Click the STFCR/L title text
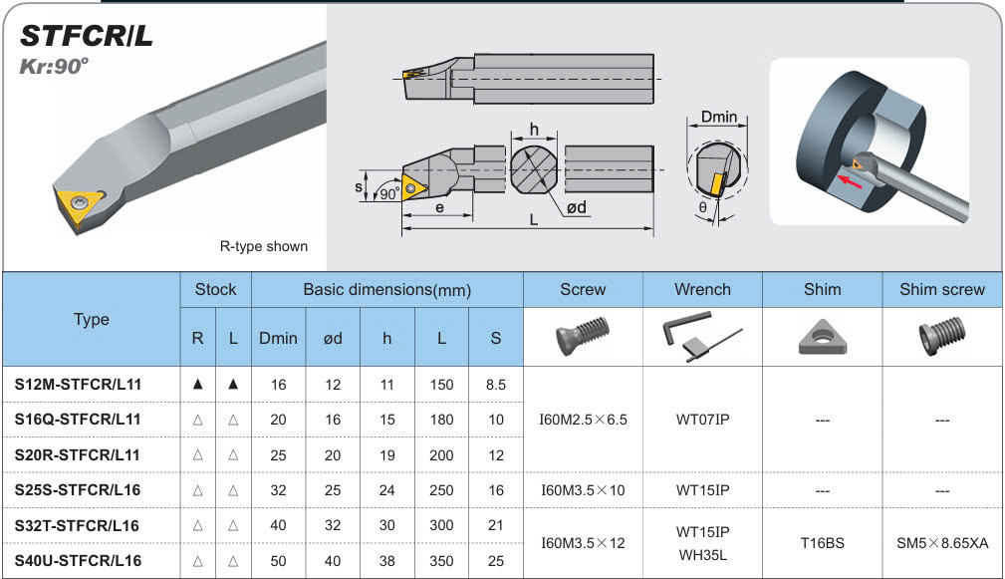coord(87,36)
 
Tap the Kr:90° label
coord(54,66)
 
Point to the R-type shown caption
coord(263,246)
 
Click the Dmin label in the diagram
coord(718,117)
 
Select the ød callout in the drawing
coord(577,207)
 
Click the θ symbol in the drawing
coord(702,207)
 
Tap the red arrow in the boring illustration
coord(850,181)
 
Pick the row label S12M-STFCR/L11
coord(78,384)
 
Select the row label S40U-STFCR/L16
coord(78,561)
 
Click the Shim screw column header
coord(941,289)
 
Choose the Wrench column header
coord(702,289)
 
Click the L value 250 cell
coord(441,490)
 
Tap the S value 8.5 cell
coord(495,385)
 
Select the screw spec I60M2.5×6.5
coord(583,420)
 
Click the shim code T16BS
coord(823,543)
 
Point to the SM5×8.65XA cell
coord(942,543)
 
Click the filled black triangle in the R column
coord(197,384)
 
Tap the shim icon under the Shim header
coord(823,337)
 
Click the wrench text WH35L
coord(702,555)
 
